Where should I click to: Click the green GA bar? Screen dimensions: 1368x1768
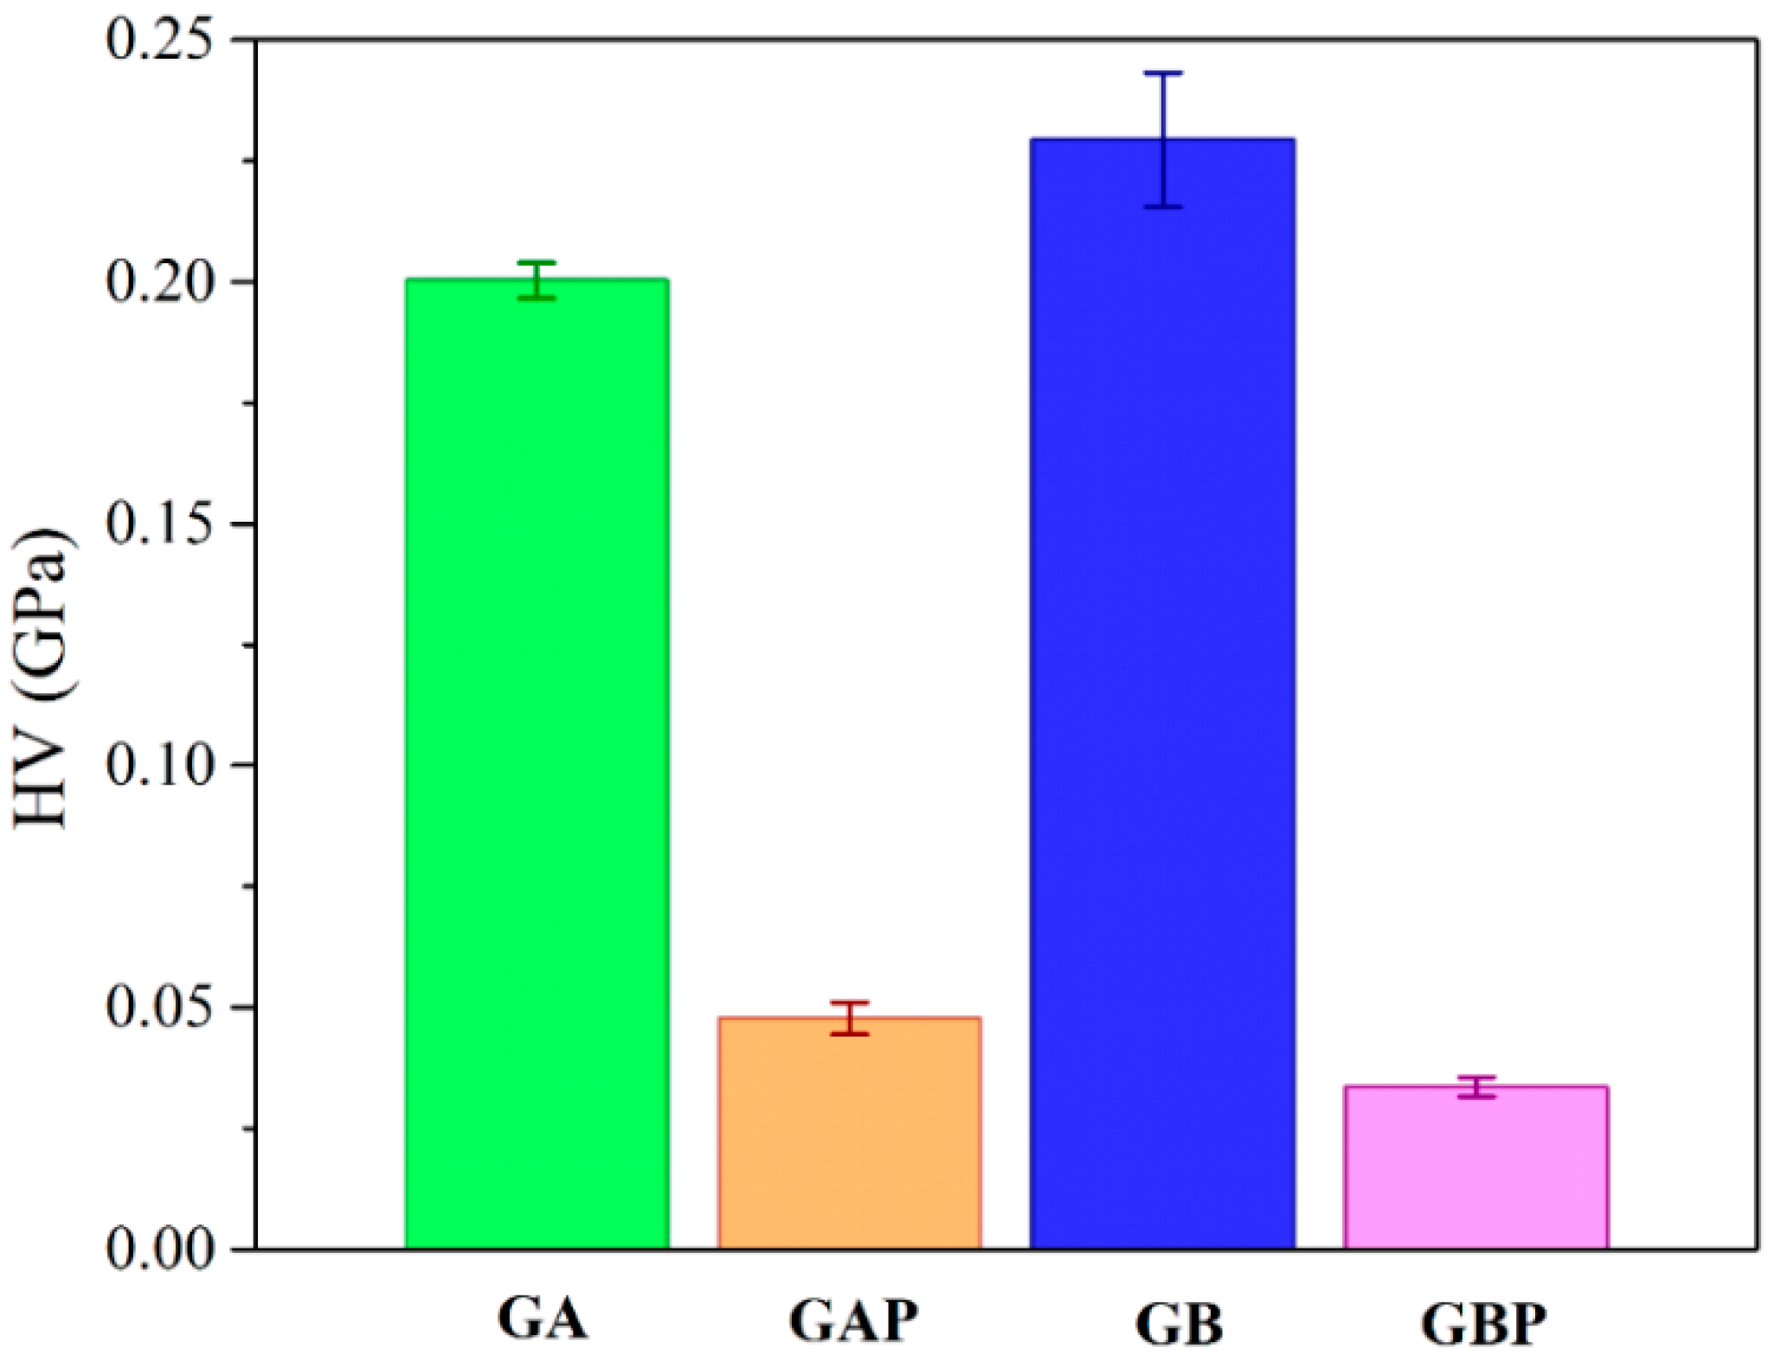(x=537, y=761)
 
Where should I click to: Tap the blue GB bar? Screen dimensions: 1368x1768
(x=1162, y=692)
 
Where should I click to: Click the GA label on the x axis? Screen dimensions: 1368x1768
(x=543, y=1319)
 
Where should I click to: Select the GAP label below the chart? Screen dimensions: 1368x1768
(x=853, y=1319)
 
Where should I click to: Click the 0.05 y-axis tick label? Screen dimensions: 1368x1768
(x=160, y=1007)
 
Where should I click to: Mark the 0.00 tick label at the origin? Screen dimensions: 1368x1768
(x=160, y=1249)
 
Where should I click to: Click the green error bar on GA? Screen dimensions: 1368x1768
(x=537, y=279)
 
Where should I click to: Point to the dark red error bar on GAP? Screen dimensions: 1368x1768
(x=850, y=1018)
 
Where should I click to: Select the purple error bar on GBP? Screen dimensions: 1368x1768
(x=1475, y=1087)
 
